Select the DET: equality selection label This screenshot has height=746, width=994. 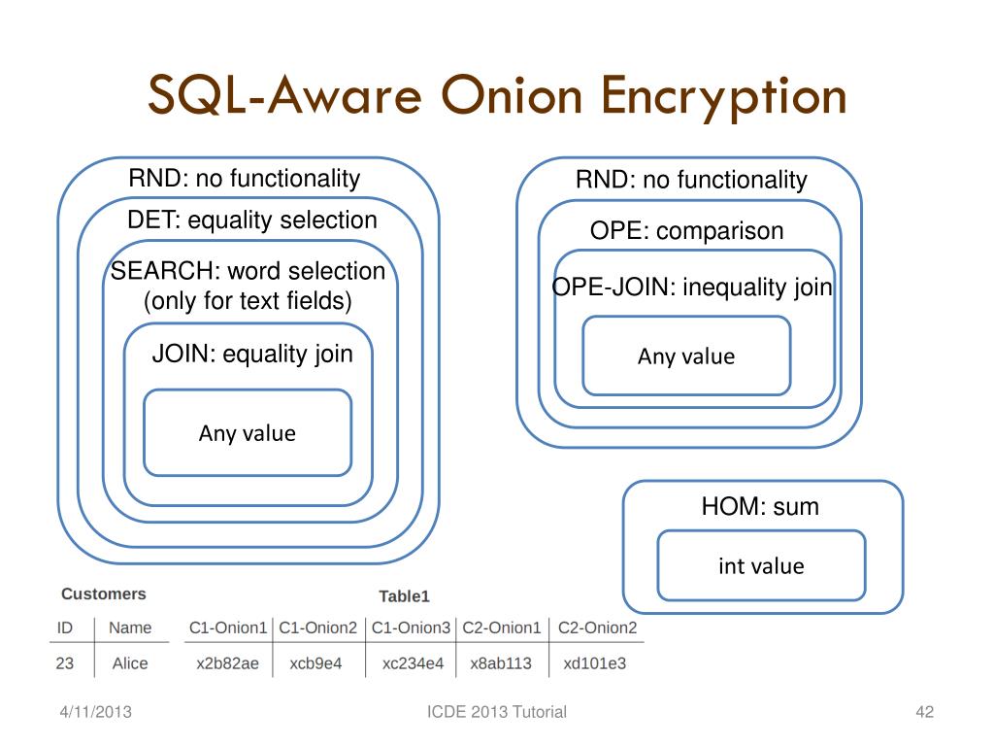pyautogui.click(x=252, y=220)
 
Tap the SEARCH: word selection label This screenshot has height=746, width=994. pyautogui.click(x=248, y=271)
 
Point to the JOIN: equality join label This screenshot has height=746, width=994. pyautogui.click(x=252, y=354)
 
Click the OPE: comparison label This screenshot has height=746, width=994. pyautogui.click(x=686, y=231)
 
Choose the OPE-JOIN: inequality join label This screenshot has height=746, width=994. pyautogui.click(x=692, y=288)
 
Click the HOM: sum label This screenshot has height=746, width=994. pyautogui.click(x=760, y=506)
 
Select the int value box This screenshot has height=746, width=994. pyautogui.click(x=761, y=565)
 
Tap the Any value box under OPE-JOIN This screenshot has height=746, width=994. pyautogui.click(x=686, y=356)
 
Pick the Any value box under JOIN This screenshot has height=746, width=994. pyautogui.click(x=248, y=432)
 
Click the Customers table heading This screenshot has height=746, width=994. pyautogui.click(x=104, y=593)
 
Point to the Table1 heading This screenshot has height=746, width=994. pyautogui.click(x=404, y=595)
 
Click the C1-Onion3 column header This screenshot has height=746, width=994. pyautogui.click(x=411, y=627)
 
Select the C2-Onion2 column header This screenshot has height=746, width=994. pyautogui.click(x=597, y=627)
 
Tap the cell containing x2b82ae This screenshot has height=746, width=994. pyautogui.click(x=227, y=663)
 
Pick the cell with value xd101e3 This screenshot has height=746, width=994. pyautogui.click(x=595, y=663)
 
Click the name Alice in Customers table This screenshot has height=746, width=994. pyautogui.click(x=130, y=663)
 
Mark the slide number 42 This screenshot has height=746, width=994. pyautogui.click(x=924, y=712)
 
